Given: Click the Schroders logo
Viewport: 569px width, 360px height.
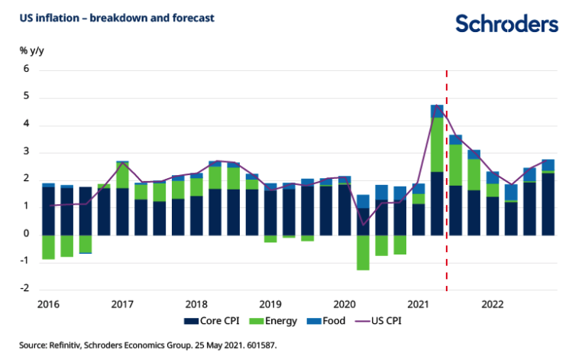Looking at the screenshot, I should (x=506, y=24).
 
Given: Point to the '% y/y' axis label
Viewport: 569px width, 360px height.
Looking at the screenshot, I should (x=31, y=50).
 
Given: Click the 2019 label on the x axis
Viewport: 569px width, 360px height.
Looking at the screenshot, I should (x=271, y=303).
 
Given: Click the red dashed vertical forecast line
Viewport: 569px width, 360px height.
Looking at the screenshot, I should (x=446, y=252).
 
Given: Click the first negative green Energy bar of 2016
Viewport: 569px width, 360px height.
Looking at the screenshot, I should (x=48, y=247).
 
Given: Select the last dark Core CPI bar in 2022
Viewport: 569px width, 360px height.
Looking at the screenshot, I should (x=548, y=204).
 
